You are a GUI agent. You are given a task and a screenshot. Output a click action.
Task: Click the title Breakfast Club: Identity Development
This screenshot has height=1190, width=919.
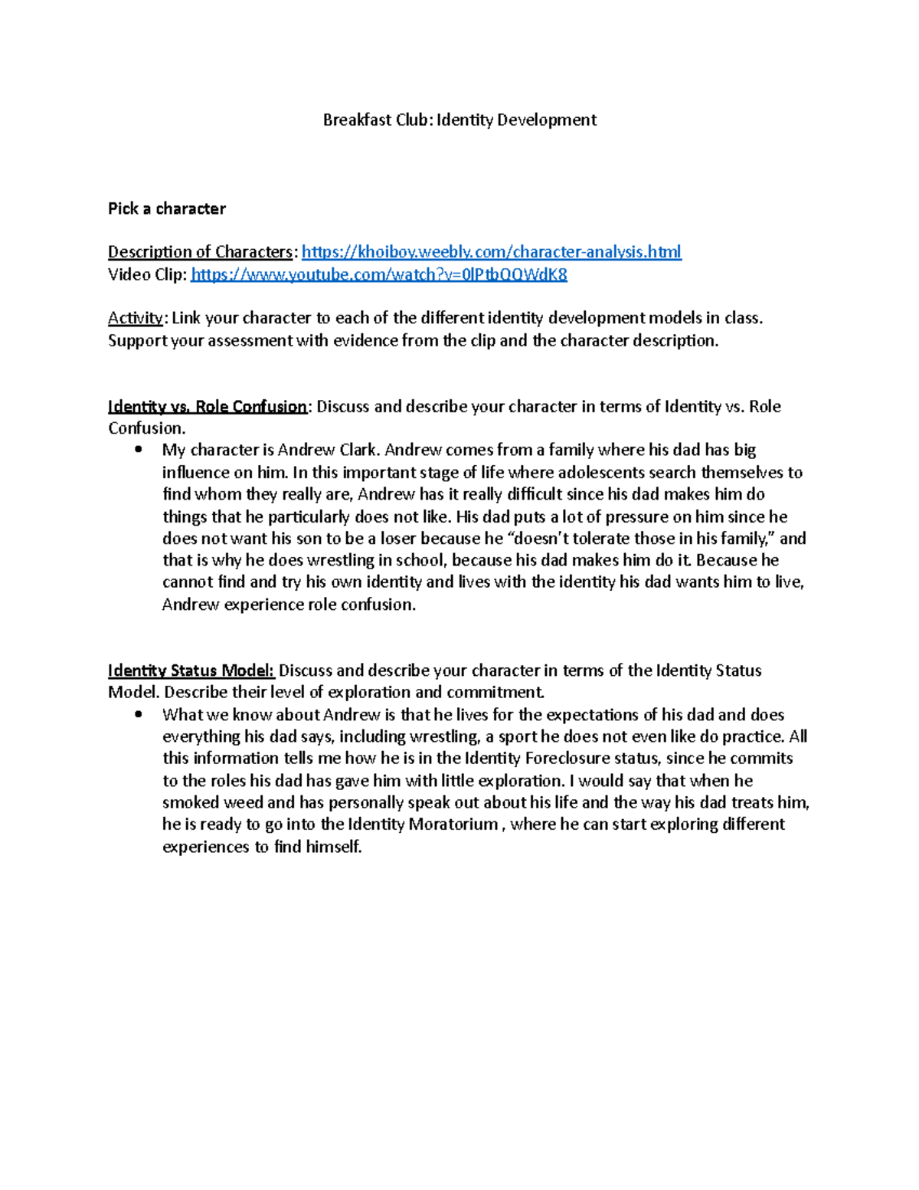(459, 120)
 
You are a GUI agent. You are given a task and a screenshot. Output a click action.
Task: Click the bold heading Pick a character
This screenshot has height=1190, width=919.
(166, 209)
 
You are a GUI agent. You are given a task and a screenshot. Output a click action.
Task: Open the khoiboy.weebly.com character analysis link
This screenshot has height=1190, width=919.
(491, 252)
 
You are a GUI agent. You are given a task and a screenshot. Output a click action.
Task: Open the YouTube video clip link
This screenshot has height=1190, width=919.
(378, 275)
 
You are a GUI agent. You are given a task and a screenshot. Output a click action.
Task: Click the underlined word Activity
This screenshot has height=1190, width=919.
(135, 318)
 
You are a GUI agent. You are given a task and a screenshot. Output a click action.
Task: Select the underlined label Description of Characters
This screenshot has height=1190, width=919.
(200, 252)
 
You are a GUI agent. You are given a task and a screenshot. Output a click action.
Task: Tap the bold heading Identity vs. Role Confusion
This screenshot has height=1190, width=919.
(207, 407)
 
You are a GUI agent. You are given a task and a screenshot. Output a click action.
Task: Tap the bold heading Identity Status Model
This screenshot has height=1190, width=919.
(191, 671)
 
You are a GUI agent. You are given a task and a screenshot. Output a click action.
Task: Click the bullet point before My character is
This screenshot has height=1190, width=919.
(138, 451)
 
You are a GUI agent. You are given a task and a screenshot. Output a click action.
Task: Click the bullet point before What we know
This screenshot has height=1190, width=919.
(138, 715)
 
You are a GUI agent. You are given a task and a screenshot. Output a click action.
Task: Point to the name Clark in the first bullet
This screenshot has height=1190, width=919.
(358, 451)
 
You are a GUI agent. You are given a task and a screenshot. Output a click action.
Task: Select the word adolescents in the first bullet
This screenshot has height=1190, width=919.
(598, 473)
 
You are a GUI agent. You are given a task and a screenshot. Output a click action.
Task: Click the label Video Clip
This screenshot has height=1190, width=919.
(146, 275)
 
